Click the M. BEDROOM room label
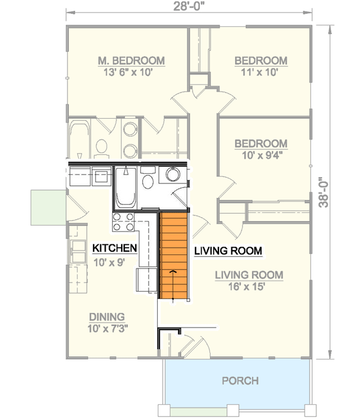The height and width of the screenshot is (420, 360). pos(131,61)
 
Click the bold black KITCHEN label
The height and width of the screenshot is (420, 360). pos(115,248)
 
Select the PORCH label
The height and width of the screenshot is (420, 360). pos(240,380)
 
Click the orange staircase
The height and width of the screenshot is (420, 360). pos(173,255)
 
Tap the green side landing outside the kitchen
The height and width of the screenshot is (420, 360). pos(48,207)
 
